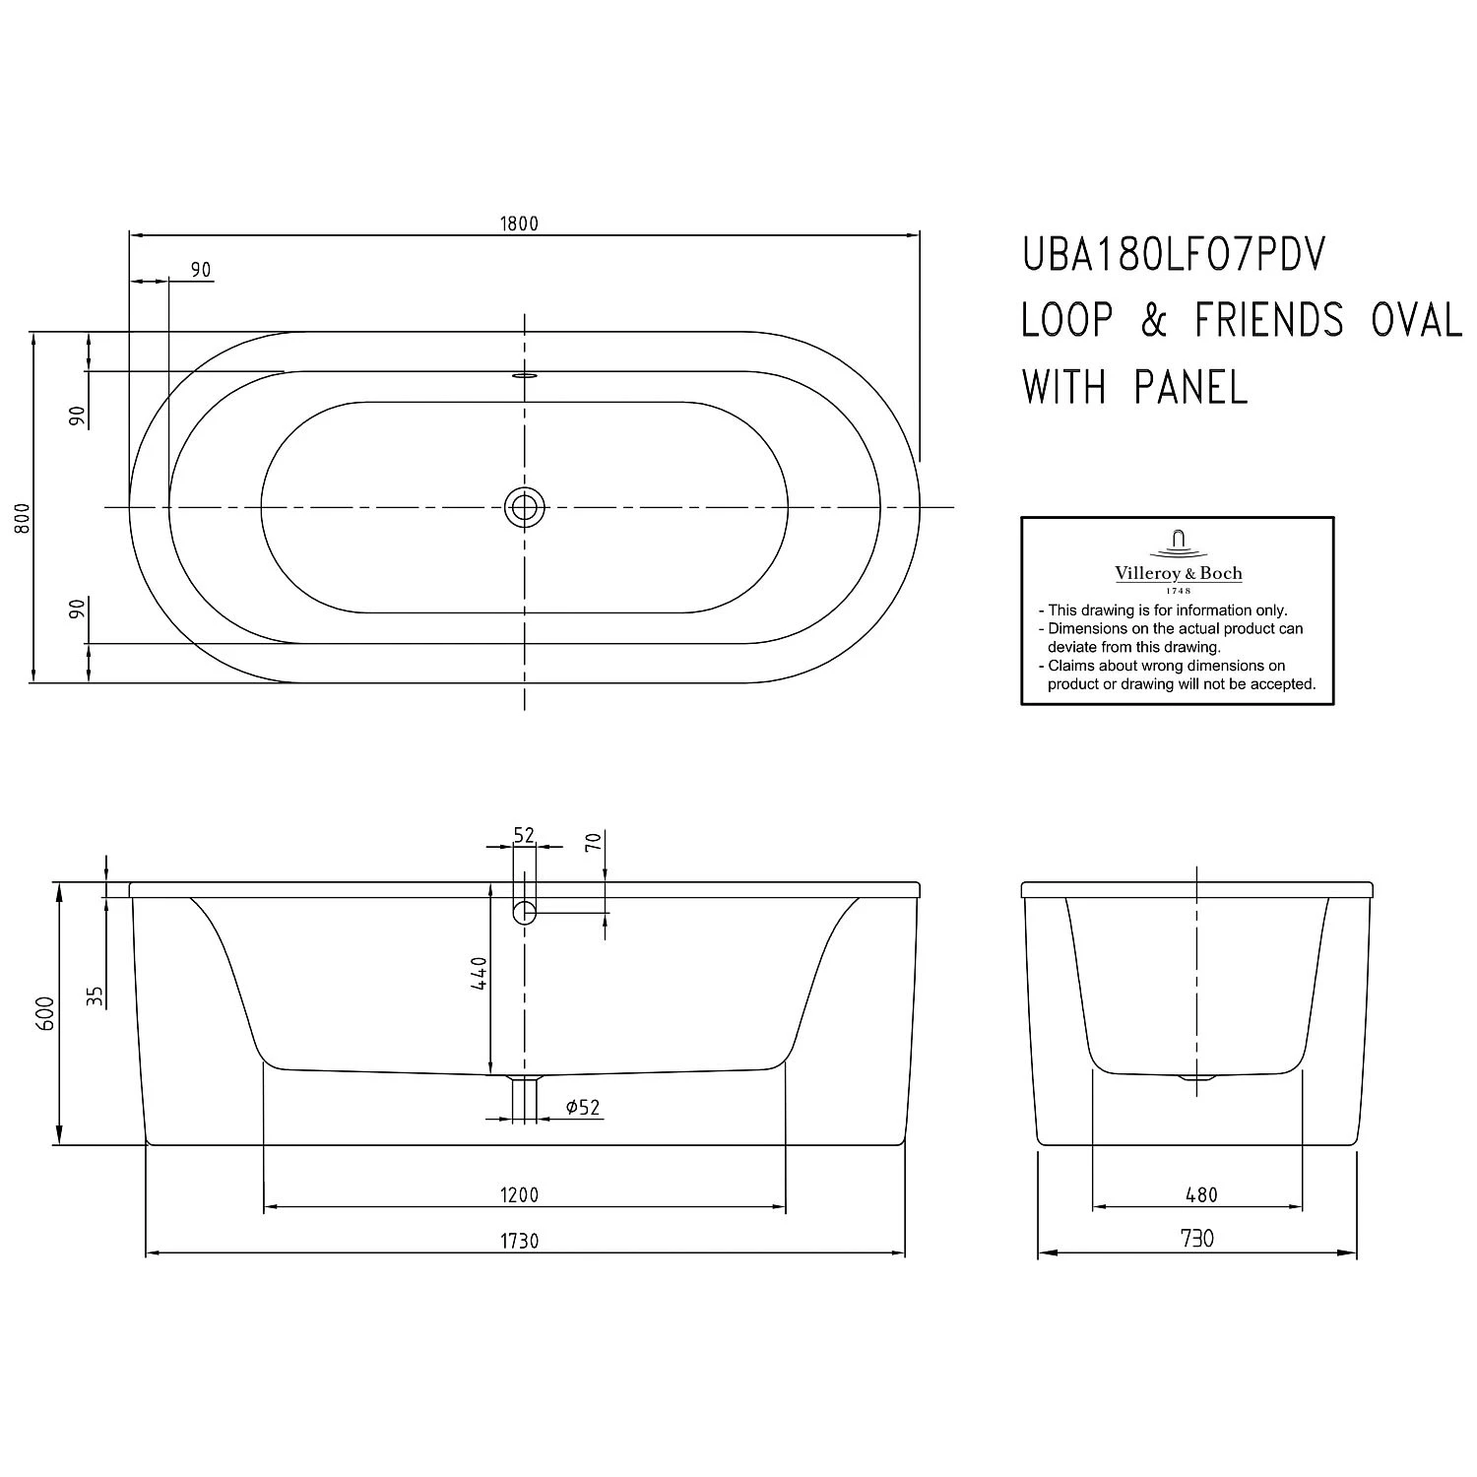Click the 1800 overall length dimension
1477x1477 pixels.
(519, 224)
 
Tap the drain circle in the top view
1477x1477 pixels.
(524, 507)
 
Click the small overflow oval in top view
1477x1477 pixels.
(524, 375)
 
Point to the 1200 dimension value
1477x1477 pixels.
(519, 1195)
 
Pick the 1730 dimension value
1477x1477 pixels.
(519, 1241)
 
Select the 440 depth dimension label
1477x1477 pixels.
(479, 973)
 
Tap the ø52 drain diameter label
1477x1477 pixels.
(583, 1108)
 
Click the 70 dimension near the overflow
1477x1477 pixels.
(593, 842)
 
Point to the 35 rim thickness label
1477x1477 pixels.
(95, 995)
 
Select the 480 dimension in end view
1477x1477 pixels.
(1201, 1195)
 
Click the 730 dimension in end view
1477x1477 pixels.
(1196, 1239)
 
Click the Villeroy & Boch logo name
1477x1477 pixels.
(1178, 573)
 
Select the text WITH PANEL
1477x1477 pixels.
(1134, 387)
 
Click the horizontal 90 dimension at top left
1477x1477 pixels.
(201, 270)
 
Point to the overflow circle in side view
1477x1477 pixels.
(524, 912)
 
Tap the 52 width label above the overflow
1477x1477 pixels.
(524, 835)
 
